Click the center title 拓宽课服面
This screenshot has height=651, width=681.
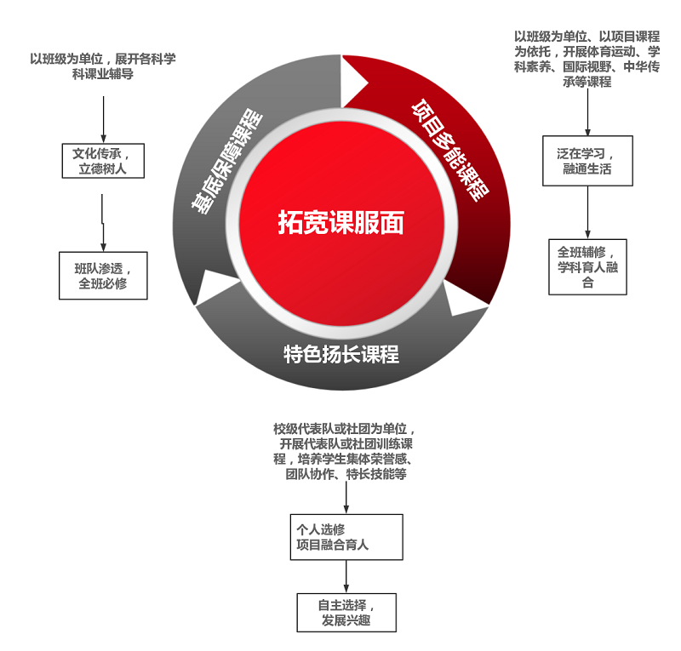click(340, 222)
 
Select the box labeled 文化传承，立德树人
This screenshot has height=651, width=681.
click(103, 161)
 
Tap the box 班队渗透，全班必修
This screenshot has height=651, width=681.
click(103, 275)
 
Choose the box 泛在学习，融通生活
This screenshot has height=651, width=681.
click(587, 161)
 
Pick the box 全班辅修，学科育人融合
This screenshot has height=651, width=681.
click(587, 266)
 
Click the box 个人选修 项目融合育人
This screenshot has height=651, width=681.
click(346, 536)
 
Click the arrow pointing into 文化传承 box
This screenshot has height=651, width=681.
click(103, 119)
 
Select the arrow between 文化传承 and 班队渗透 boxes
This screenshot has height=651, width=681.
click(103, 222)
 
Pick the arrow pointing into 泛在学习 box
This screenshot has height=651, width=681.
click(587, 112)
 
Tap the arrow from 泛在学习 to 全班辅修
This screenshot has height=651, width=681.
click(587, 212)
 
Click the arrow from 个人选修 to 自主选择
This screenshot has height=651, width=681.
click(346, 576)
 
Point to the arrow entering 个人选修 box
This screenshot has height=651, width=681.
click(346, 498)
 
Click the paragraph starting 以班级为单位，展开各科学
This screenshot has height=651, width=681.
click(103, 66)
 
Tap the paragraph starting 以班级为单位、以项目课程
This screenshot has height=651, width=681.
click(587, 59)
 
